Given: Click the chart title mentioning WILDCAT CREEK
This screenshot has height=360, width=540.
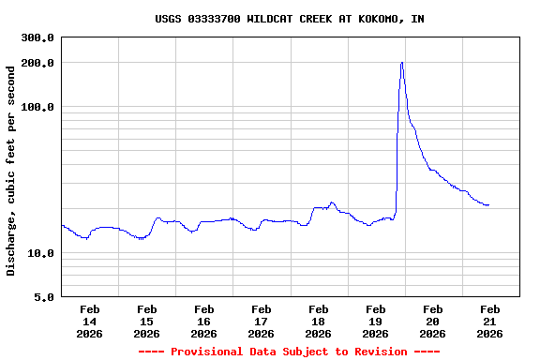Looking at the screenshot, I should point(289,19).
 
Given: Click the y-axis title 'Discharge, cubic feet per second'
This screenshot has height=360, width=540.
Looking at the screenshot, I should point(11,171).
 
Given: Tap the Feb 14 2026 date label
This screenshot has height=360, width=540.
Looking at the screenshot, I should point(90,321).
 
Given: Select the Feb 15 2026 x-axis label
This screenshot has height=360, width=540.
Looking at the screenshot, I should point(147,321).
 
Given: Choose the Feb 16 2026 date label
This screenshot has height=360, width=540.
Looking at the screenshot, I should point(204,321).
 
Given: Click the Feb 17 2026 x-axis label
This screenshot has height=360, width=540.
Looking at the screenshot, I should point(262,321).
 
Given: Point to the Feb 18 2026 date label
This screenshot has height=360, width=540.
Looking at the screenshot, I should point(319,321).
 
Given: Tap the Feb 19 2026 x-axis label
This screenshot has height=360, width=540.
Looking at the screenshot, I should point(376,321).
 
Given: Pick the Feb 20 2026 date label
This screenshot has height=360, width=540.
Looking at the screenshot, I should point(433,321).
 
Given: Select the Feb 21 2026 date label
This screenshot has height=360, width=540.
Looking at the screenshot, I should point(490,321).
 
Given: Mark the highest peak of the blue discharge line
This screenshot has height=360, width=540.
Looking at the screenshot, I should point(402,63).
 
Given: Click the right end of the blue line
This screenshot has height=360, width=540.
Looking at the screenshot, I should point(488,204).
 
